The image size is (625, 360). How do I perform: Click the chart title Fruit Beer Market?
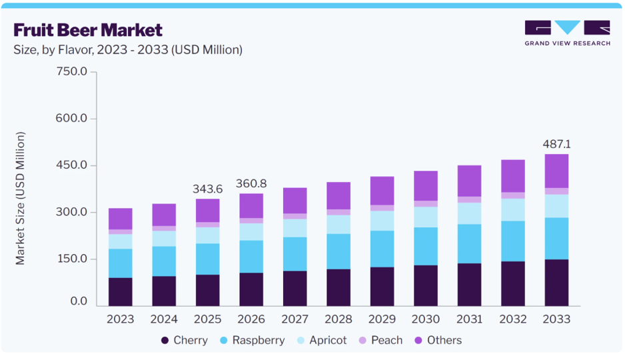(x=88, y=30)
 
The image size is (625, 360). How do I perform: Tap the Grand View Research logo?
(x=567, y=33)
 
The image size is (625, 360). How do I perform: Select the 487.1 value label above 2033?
(x=556, y=144)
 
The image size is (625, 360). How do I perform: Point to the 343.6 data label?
(x=208, y=189)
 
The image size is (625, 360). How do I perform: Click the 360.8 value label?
(x=251, y=183)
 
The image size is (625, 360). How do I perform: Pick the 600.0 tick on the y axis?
(x=71, y=118)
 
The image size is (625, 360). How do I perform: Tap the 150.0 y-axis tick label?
(x=71, y=259)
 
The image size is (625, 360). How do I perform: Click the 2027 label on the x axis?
(x=295, y=319)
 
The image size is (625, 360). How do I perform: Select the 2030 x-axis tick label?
(x=425, y=319)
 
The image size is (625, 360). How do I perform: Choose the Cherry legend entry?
(x=184, y=340)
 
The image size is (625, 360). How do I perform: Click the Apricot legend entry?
(x=322, y=340)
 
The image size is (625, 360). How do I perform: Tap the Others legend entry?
(x=438, y=340)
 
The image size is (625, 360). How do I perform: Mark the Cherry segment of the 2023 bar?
(x=121, y=292)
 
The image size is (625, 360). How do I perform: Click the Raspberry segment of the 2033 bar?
(x=556, y=239)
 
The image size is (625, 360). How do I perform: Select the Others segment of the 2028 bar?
(x=338, y=196)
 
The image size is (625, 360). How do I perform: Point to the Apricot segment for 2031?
(x=469, y=213)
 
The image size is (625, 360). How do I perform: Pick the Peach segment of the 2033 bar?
(x=556, y=191)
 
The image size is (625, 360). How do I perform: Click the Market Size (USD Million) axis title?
(x=20, y=198)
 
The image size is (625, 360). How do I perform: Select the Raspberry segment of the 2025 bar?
(x=208, y=259)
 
